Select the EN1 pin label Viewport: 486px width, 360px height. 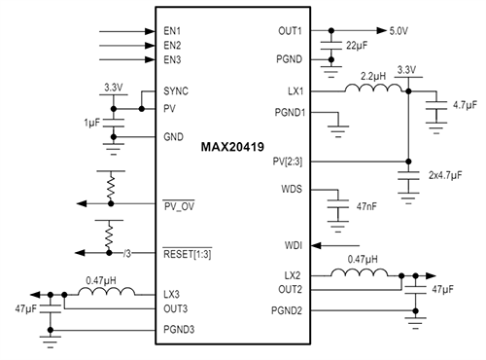[173, 31]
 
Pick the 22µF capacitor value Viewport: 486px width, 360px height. [356, 46]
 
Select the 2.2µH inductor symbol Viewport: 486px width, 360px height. [373, 91]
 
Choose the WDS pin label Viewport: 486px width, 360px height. [292, 187]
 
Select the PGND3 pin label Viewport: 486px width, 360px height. [183, 330]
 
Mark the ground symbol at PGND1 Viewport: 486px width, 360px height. [340, 123]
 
